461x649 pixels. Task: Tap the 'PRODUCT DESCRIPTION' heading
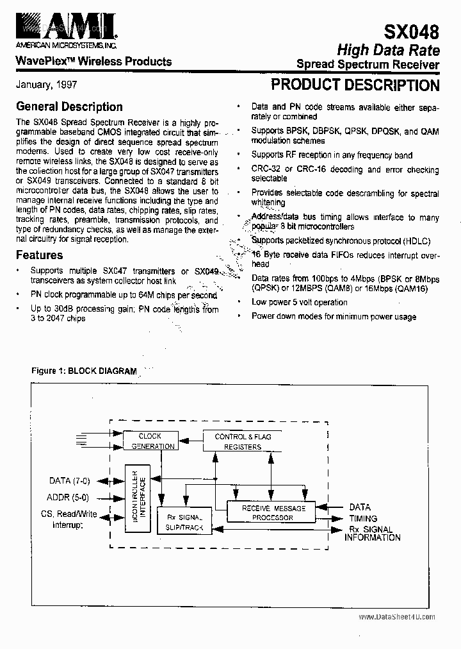[x=355, y=85]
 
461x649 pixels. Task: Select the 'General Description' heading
[x=69, y=106]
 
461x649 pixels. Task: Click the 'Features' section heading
[x=39, y=255]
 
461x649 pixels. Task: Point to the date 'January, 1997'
[x=47, y=85]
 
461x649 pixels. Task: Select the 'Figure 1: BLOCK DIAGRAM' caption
[x=84, y=371]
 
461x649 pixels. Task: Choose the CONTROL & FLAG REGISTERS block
[x=243, y=441]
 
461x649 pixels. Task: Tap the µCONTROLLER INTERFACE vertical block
[x=137, y=497]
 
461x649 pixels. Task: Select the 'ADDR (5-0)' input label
[x=69, y=497]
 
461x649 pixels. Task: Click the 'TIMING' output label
[x=363, y=518]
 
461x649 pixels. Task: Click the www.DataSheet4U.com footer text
[x=397, y=617]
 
